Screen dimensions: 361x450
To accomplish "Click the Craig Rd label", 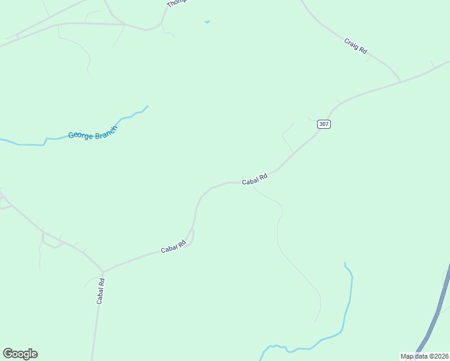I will coord(356,47).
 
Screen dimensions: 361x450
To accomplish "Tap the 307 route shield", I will coord(324,124).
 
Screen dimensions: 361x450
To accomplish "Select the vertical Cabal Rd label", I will coord(100,291).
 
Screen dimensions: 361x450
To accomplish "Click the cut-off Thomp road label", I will coord(175,3).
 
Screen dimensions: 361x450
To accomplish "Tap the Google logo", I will coord(20,354).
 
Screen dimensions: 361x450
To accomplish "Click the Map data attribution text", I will coord(424,356).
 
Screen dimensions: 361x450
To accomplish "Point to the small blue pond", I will coord(207,22).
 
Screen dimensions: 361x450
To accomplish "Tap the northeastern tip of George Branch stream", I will coord(147,106).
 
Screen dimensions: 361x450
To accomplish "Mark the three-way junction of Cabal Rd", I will coord(103,271).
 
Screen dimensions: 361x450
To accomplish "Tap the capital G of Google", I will coord(8,353).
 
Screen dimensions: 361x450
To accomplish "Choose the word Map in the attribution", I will coord(407,356).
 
